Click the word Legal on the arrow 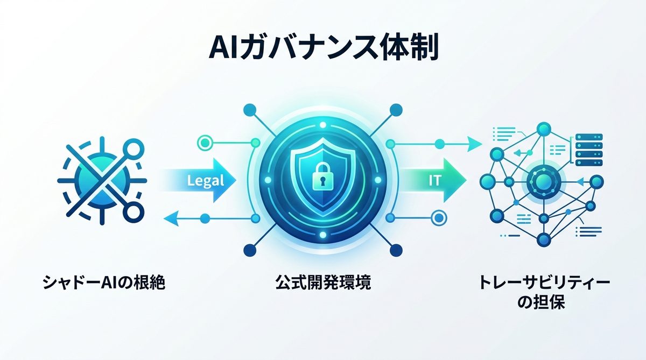click(x=205, y=181)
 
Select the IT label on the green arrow click(x=434, y=180)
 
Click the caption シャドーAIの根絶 click(x=104, y=282)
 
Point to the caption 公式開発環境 click(x=323, y=282)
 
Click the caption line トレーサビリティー click(x=544, y=283)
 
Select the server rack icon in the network click(x=589, y=150)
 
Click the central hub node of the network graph click(x=544, y=181)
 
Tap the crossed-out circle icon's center click(x=102, y=181)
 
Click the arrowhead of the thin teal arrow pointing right click(x=474, y=144)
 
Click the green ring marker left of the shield click(x=205, y=143)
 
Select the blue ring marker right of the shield click(x=439, y=218)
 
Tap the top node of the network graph click(x=544, y=129)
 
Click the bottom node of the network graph click(x=544, y=239)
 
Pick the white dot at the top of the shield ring click(x=323, y=125)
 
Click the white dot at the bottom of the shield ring click(x=323, y=235)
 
